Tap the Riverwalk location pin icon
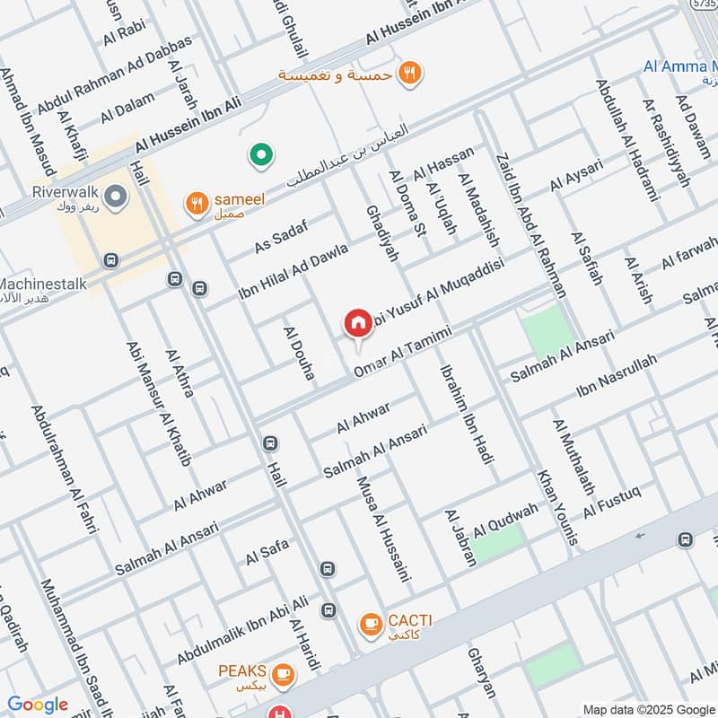coord(114,195)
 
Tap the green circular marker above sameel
coord(261,157)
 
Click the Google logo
coord(38,705)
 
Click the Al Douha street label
coord(299,353)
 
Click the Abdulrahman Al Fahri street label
coord(64,470)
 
